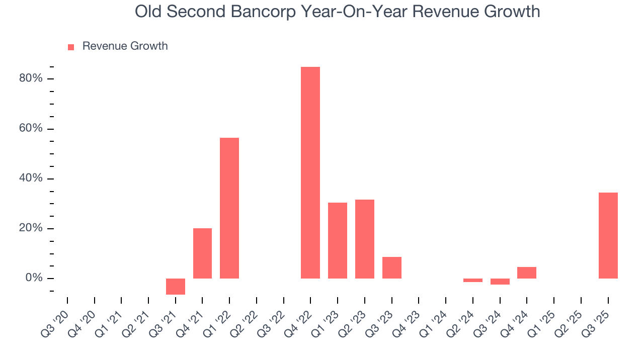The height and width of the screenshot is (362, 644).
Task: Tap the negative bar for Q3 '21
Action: (176, 287)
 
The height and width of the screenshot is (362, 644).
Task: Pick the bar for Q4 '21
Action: (202, 253)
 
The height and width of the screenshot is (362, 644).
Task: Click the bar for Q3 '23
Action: (392, 267)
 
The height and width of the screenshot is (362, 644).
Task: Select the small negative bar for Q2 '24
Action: (473, 280)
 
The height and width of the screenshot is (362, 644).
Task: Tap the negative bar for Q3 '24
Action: (500, 282)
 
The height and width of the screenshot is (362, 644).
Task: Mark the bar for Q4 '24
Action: (527, 273)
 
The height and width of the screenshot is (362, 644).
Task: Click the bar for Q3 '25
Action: (608, 235)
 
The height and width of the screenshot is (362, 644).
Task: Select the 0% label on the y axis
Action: (34, 278)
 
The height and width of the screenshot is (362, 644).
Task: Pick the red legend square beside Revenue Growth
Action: (71, 47)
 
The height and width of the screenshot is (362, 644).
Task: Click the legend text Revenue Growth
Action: (125, 46)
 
